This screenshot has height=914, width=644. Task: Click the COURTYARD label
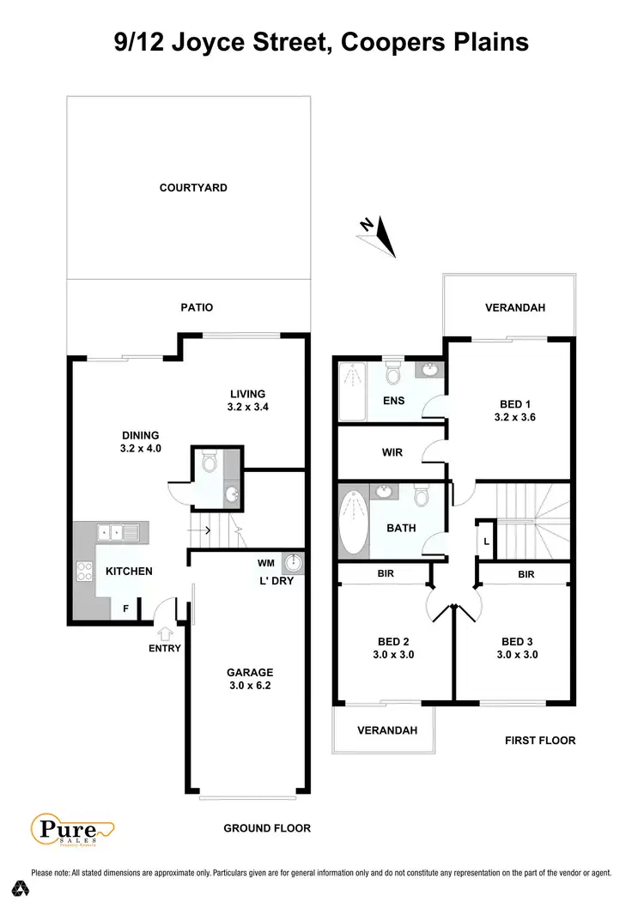pos(193,188)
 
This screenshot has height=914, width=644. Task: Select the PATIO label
pos(197,307)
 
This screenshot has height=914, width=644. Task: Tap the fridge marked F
pos(126,608)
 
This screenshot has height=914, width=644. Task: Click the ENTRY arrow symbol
pos(164,633)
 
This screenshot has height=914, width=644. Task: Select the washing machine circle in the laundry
pos(295,563)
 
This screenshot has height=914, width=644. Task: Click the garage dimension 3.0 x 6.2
pos(249,687)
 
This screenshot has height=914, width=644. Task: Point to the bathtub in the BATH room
pos(353,522)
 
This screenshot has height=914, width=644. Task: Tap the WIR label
pos(393,451)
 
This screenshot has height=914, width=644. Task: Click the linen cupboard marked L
pos(486,541)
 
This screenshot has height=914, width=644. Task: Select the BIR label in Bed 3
pos(526,574)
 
